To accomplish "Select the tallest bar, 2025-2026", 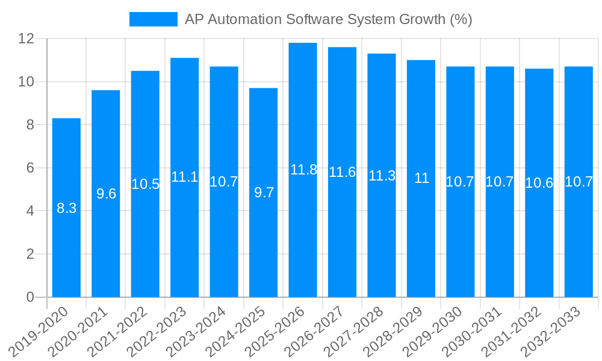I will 303,241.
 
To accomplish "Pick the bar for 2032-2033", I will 579,241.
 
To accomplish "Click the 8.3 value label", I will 66,209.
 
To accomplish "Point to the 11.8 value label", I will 303,170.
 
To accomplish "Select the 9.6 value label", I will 106,194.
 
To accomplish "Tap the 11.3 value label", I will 382,176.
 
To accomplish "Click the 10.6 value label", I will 539,183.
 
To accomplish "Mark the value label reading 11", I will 421,178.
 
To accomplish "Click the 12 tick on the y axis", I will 26,39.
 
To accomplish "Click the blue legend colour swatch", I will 154,19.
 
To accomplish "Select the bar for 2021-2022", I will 145,241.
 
